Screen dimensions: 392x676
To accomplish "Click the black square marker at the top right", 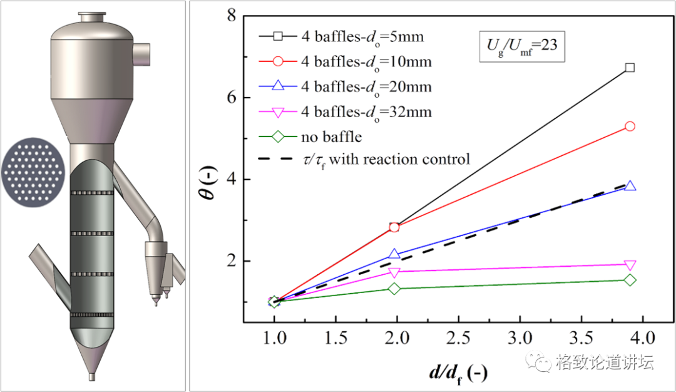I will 630,67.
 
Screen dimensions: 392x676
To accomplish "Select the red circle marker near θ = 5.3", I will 630,126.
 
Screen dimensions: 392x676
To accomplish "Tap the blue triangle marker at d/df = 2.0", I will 394,254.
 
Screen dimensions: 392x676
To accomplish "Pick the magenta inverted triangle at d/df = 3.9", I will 630,265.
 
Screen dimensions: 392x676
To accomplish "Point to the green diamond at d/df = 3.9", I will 630,280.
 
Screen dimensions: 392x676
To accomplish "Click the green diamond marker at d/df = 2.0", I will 394,288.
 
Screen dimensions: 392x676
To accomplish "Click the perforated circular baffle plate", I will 32,171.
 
